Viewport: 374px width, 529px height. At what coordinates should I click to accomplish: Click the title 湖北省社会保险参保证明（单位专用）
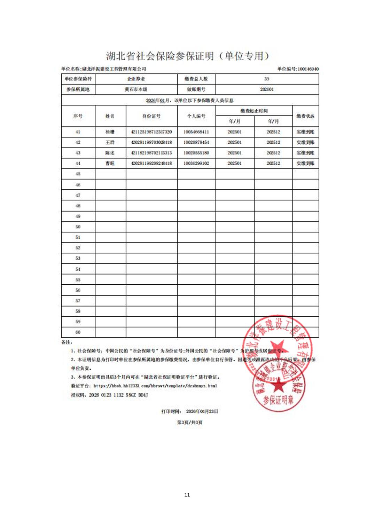click(x=188, y=56)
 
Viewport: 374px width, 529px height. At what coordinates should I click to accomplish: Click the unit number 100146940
click(x=308, y=69)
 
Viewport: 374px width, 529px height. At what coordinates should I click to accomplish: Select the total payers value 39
click(x=267, y=79)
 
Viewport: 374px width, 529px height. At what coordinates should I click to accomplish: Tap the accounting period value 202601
click(x=267, y=89)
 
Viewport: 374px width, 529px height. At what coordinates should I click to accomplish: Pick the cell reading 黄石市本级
click(x=136, y=89)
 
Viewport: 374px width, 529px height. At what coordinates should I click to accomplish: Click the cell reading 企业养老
click(x=136, y=79)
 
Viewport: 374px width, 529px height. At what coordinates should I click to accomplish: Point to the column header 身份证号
click(x=151, y=116)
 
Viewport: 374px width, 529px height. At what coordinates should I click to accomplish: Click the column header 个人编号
click(x=196, y=116)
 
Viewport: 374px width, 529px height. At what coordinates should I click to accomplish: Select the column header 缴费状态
click(x=305, y=116)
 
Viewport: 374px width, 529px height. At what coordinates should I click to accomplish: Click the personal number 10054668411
click(x=196, y=132)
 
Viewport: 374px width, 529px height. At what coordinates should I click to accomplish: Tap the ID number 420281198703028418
click(x=151, y=142)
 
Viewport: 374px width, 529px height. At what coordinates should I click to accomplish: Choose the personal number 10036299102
click(x=196, y=163)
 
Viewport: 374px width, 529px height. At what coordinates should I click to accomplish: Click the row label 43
click(x=78, y=153)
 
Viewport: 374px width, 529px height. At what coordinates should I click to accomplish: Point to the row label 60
click(x=78, y=332)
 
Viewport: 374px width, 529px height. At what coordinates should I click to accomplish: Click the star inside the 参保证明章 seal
click(x=279, y=385)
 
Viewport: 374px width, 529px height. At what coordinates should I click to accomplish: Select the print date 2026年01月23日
click(x=202, y=411)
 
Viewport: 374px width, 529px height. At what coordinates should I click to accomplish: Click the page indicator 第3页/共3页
click(x=189, y=423)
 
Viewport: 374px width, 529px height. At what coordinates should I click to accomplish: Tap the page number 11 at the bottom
click(x=187, y=495)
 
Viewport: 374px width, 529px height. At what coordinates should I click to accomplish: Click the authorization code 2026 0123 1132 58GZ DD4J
click(x=118, y=395)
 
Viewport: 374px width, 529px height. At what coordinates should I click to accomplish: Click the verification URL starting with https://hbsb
click(x=155, y=386)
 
